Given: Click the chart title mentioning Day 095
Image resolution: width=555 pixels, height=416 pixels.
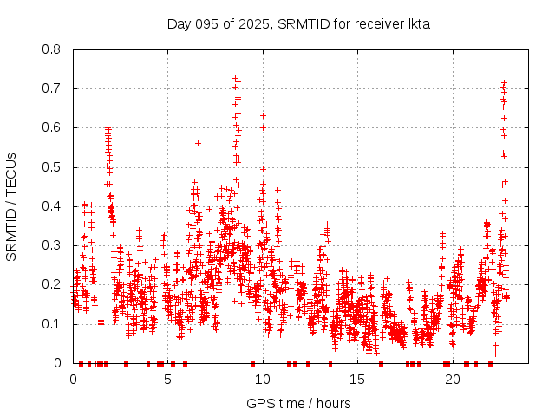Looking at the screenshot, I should pyautogui.click(x=298, y=23).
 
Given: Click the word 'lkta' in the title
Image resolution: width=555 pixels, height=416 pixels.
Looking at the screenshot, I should pyautogui.click(x=418, y=23).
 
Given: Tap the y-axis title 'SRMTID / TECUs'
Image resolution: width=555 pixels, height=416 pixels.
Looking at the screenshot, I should pyautogui.click(x=11, y=206).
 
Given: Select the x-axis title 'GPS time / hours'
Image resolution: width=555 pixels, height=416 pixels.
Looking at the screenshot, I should pyautogui.click(x=298, y=403).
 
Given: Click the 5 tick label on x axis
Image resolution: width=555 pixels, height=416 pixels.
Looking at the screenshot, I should pyautogui.click(x=167, y=380).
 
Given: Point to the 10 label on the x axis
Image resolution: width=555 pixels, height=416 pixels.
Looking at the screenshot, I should pyautogui.click(x=262, y=380).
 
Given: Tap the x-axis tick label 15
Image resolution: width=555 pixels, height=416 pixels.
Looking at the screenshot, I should pyautogui.click(x=357, y=380).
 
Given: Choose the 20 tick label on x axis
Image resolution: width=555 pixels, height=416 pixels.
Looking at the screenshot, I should pyautogui.click(x=452, y=380).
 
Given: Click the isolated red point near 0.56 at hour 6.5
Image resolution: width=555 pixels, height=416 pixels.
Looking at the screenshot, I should pyautogui.click(x=198, y=143).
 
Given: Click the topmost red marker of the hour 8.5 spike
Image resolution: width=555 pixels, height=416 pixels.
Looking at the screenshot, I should pyautogui.click(x=235, y=78).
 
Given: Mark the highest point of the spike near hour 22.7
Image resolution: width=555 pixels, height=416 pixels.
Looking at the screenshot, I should pyautogui.click(x=504, y=83).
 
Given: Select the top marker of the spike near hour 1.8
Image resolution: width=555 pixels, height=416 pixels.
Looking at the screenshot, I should pyautogui.click(x=108, y=127).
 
